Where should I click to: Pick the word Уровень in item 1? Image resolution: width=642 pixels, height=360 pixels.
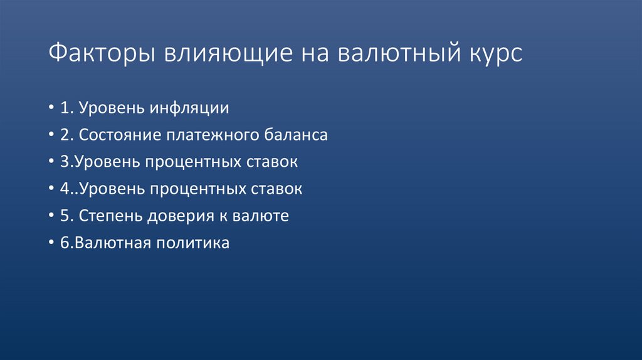pyautogui.click(x=120, y=108)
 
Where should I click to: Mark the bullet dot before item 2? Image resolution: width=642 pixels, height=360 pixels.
pyautogui.click(x=51, y=135)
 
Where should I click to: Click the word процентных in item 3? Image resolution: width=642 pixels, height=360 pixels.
pyautogui.click(x=192, y=162)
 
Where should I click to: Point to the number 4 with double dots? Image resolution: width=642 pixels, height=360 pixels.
pyautogui.click(x=65, y=189)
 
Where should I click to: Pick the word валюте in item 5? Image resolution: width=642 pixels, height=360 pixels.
pyautogui.click(x=260, y=216)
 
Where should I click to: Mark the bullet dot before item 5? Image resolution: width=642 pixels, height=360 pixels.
pyautogui.click(x=51, y=216)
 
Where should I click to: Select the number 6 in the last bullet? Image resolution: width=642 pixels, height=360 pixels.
pyautogui.click(x=65, y=243)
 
